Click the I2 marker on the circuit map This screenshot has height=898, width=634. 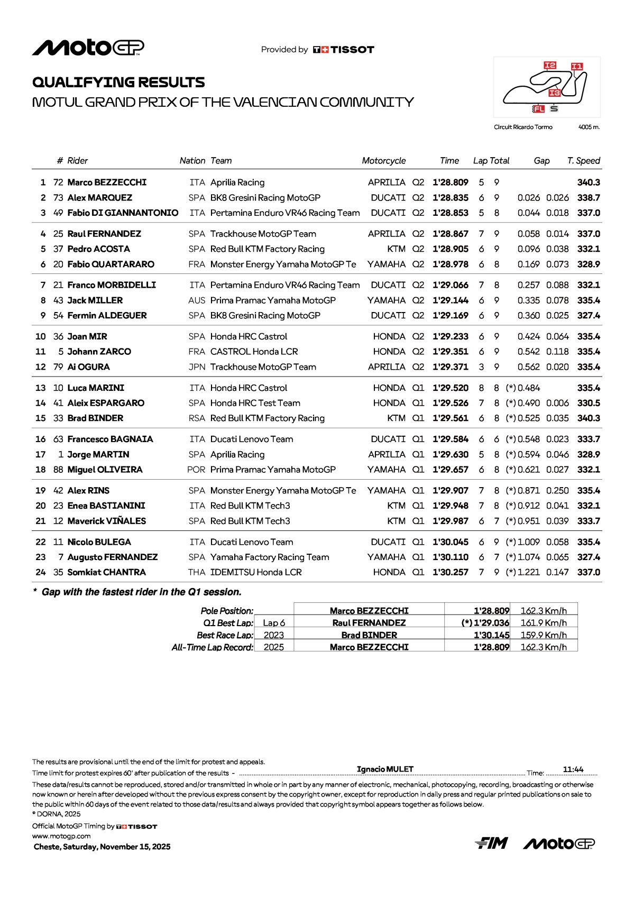pyautogui.click(x=550, y=66)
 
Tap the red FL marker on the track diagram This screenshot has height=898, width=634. pyautogui.click(x=538, y=109)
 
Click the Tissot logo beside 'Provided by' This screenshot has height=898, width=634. pyautogui.click(x=344, y=50)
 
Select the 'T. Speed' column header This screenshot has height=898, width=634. pyautogui.click(x=584, y=161)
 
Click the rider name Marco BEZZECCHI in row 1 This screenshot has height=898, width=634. pyautogui.click(x=107, y=182)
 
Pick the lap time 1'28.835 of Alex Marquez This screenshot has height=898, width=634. pyautogui.click(x=451, y=198)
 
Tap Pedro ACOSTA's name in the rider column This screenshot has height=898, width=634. pyautogui.click(x=98, y=249)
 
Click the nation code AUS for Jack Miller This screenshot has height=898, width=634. pyautogui.click(x=197, y=300)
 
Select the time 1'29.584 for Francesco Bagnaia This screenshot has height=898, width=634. pyautogui.click(x=451, y=439)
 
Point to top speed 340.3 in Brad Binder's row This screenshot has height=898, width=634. pyautogui.click(x=589, y=418)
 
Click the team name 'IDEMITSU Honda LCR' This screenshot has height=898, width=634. pyautogui.click(x=256, y=572)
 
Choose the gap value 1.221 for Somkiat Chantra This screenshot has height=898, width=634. pyautogui.click(x=529, y=572)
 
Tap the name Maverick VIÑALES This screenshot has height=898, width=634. pyautogui.click(x=107, y=521)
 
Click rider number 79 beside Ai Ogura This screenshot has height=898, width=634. pyautogui.click(x=58, y=367)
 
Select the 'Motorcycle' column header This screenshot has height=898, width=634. pyautogui.click(x=384, y=161)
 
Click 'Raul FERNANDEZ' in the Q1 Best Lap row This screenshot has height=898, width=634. pyautogui.click(x=369, y=623)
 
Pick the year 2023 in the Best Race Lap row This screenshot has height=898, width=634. pyautogui.click(x=274, y=635)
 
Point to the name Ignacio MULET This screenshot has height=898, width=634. pyautogui.click(x=385, y=769)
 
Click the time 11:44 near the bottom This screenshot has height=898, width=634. pyautogui.click(x=573, y=769)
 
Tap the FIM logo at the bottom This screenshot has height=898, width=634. pyautogui.click(x=491, y=843)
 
